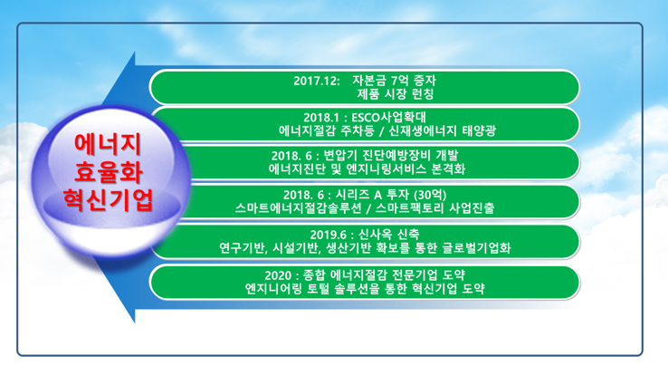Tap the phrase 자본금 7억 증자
(x=394, y=80)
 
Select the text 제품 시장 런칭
(x=396, y=94)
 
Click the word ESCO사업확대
(x=388, y=117)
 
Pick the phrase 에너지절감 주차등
(x=327, y=130)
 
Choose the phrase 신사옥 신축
(x=388, y=234)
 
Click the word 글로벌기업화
(x=476, y=247)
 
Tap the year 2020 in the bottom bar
(x=278, y=275)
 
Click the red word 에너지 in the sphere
(x=108, y=144)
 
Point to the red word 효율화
(x=109, y=171)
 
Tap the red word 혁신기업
(x=109, y=199)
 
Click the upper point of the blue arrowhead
(x=135, y=52)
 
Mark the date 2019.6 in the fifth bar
(x=328, y=235)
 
